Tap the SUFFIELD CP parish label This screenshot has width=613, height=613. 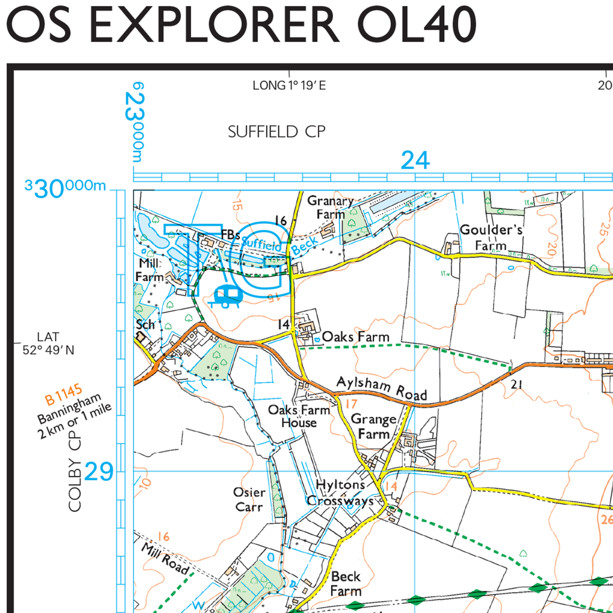[277, 132]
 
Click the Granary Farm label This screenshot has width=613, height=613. [330, 207]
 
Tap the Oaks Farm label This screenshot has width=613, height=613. [356, 337]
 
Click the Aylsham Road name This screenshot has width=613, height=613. [382, 388]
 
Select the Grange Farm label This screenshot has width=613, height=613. [374, 426]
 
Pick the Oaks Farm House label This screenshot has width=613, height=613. [299, 416]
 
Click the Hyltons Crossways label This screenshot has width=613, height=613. [340, 493]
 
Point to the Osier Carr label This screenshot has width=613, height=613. [249, 499]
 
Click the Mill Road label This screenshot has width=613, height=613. [166, 558]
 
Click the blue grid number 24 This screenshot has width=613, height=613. [415, 160]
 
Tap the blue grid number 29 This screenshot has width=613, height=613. [99, 472]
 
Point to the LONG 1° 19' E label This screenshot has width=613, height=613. [289, 86]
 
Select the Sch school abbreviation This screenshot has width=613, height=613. [145, 324]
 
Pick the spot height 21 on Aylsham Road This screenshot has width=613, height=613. [517, 384]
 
